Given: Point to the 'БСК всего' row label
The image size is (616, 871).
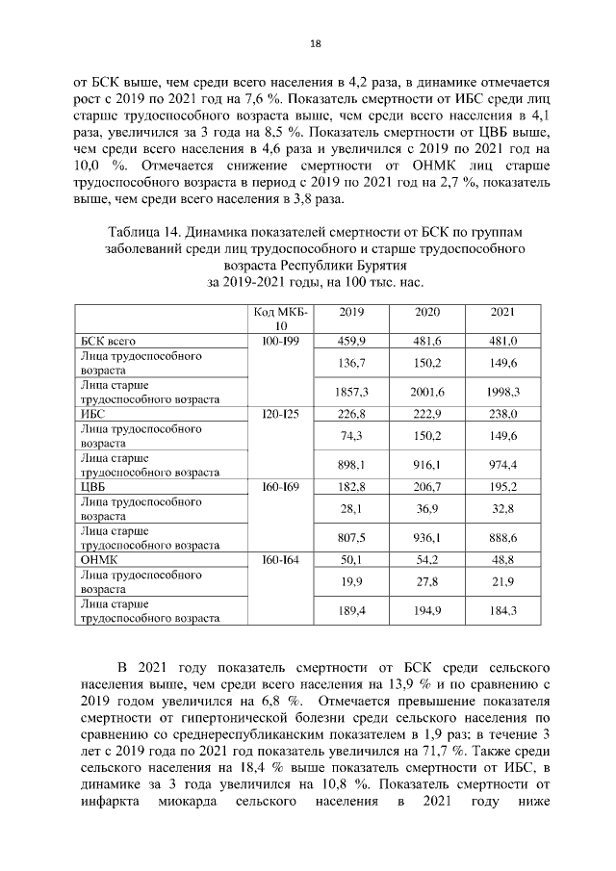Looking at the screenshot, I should (x=107, y=341).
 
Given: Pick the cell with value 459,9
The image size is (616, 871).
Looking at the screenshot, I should (x=353, y=341).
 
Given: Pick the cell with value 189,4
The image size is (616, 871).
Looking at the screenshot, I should (x=353, y=609).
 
